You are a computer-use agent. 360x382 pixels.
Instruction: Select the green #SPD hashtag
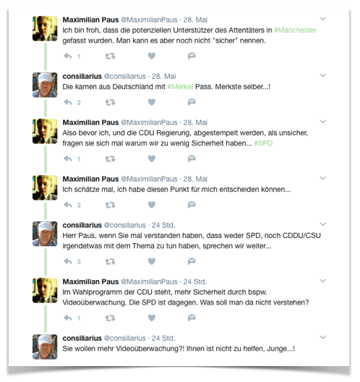(263, 143)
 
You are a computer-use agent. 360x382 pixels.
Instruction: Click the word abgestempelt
(223, 133)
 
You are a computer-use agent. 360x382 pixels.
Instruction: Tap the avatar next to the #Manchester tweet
(45, 28)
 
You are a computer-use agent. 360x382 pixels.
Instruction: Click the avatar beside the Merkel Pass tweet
(45, 85)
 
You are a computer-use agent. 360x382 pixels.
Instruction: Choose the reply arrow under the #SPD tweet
(67, 158)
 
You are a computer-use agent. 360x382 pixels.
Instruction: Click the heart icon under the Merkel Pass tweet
(151, 102)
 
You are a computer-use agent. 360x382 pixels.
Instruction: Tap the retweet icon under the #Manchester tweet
(110, 56)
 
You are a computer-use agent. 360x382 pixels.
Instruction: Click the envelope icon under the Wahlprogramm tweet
(192, 318)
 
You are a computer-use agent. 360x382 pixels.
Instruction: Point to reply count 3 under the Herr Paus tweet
(78, 261)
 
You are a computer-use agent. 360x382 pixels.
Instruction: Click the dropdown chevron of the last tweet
(322, 336)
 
